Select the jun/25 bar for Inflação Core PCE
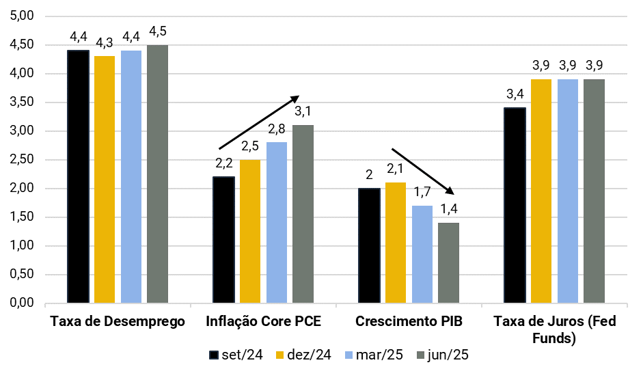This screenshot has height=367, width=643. coord(303,213)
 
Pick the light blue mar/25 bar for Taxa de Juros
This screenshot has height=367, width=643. coord(568,191)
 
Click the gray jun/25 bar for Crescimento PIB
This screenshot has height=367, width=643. coord(448,262)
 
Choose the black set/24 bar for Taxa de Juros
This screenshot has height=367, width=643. coord(515,205)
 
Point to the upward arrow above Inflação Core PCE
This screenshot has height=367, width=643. coord(259,122)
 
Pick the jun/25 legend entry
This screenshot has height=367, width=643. coord(441,355)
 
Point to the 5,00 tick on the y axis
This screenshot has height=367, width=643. coord(25,16)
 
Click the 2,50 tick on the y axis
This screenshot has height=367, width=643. coord(25,160)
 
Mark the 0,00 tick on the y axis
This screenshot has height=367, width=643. coord(25,303)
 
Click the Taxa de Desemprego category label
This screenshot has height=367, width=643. coord(118,321)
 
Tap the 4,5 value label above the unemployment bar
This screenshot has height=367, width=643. coord(158,32)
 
